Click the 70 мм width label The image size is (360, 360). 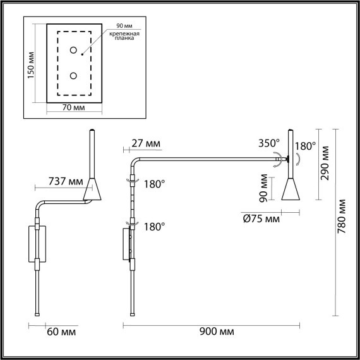[x=75, y=109]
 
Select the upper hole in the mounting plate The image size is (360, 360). [x=74, y=50]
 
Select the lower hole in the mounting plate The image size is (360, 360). [x=74, y=76]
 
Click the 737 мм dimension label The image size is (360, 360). [x=66, y=182]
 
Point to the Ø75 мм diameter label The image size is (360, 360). [x=261, y=219]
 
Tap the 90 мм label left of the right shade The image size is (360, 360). [x=263, y=187]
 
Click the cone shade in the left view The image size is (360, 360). [x=93, y=188]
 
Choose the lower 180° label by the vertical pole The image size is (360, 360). [x=154, y=225]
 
